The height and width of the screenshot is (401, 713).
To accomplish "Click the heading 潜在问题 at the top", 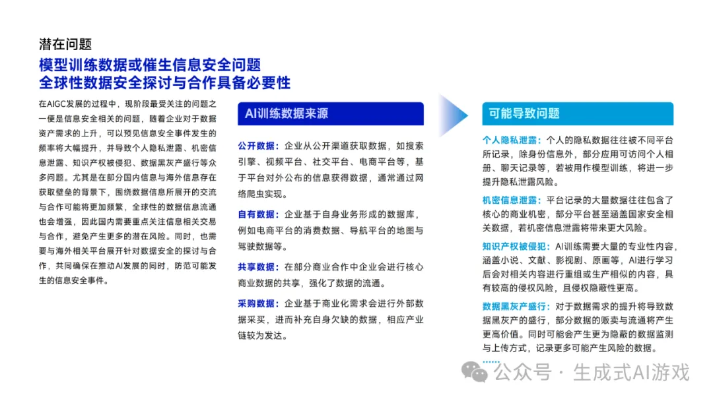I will point(65,44).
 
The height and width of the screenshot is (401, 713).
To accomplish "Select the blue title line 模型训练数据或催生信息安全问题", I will point(150,65).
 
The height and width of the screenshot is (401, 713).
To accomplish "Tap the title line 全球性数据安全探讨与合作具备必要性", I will point(164,82).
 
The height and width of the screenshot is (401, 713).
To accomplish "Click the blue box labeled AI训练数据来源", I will point(331,113).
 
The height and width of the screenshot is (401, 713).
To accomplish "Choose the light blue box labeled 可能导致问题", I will point(577,113).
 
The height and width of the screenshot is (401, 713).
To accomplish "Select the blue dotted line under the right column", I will point(491,361).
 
